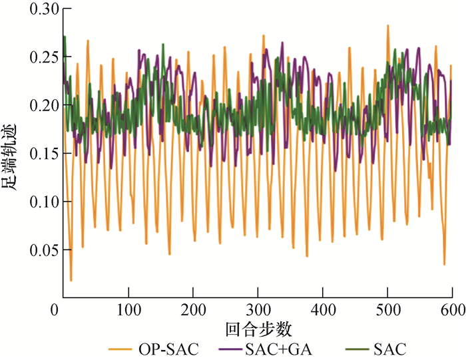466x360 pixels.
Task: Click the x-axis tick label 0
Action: (57, 310)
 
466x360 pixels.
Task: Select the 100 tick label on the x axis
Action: (128, 310)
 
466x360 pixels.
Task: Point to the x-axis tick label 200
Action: (193, 310)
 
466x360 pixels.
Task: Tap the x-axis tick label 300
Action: (258, 310)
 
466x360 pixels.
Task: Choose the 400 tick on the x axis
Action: (322, 310)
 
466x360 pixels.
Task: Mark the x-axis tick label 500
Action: (387, 310)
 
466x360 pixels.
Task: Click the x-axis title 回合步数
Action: (258, 329)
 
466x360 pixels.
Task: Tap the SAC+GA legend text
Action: (280, 348)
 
